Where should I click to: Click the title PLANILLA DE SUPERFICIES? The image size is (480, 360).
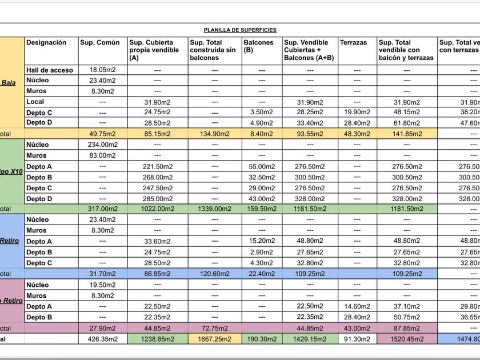pyautogui.click(x=240, y=30)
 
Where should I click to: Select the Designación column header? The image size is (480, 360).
pyautogui.click(x=46, y=42)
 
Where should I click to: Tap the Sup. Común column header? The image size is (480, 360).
pyautogui.click(x=100, y=42)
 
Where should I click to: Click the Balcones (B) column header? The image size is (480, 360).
pyautogui.click(x=258, y=46)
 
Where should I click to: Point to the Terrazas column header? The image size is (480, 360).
pyautogui.click(x=354, y=42)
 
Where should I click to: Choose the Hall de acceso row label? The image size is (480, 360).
pyautogui.click(x=50, y=70)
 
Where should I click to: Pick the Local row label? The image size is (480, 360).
pyautogui.click(x=35, y=102)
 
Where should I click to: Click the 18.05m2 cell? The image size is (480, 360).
pyautogui.click(x=103, y=70)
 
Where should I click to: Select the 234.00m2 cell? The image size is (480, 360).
pyautogui.click(x=103, y=145)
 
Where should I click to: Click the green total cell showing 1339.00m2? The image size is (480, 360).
pyautogui.click(x=215, y=209)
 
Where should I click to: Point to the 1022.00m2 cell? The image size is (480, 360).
pyautogui.click(x=157, y=209)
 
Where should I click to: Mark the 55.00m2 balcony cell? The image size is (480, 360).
pyautogui.click(x=262, y=166)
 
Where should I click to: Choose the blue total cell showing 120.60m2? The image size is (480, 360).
pyautogui.click(x=215, y=274)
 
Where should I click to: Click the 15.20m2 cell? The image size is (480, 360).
pyautogui.click(x=262, y=241)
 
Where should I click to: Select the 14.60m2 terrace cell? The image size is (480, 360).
pyautogui.click(x=357, y=306)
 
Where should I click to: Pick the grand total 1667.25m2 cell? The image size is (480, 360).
pyautogui.click(x=215, y=339)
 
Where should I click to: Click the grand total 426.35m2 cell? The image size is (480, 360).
pyautogui.click(x=103, y=339)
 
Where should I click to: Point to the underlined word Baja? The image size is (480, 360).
pyautogui.click(x=9, y=82)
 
